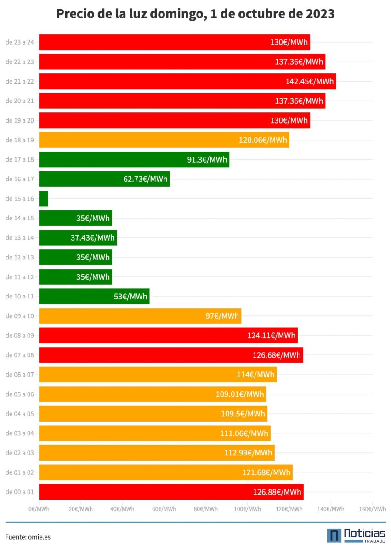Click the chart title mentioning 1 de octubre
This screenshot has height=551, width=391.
(195, 14)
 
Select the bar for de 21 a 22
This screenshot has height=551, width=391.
(187, 81)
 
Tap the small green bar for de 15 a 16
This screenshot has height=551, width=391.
(44, 198)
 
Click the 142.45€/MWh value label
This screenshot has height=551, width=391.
(309, 81)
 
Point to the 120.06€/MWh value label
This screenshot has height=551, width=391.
(263, 140)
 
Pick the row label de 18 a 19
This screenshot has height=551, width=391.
(19, 140)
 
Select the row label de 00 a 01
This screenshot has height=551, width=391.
(19, 492)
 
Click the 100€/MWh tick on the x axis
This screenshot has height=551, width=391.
(247, 509)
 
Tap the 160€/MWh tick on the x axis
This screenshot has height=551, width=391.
(372, 509)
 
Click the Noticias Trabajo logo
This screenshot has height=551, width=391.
(356, 535)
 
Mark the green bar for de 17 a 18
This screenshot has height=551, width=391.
(134, 159)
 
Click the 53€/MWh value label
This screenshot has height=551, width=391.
(130, 296)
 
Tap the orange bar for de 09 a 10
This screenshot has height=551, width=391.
(140, 316)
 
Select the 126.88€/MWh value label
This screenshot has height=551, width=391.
(277, 492)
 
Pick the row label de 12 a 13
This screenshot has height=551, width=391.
(19, 257)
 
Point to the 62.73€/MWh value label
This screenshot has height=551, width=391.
(145, 179)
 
